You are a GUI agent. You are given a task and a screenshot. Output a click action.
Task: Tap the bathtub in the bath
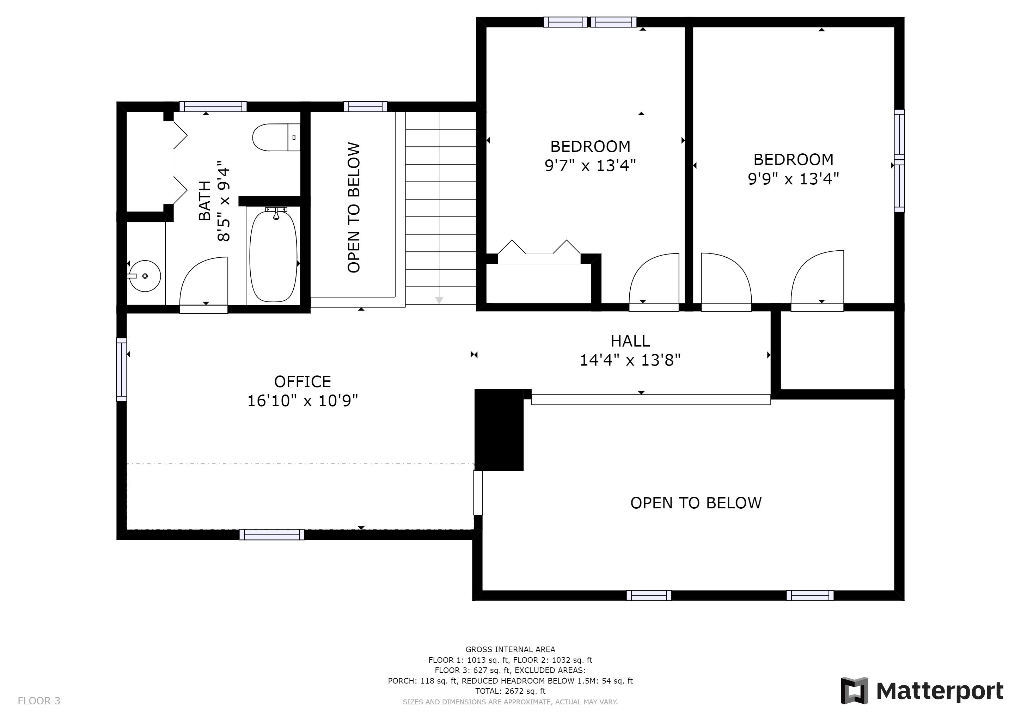[273, 257]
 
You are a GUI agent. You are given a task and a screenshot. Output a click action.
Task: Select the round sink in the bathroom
[144, 276]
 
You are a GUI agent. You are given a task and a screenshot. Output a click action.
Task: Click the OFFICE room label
[302, 381]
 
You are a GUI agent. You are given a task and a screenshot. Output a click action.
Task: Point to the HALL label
[630, 341]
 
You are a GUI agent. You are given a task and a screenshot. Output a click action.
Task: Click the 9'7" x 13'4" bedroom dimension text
[590, 166]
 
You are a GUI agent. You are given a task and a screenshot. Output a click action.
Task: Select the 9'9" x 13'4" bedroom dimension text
[793, 179]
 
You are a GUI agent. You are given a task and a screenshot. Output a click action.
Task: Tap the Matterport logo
[922, 691]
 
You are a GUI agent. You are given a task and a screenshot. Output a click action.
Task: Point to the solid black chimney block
[499, 429]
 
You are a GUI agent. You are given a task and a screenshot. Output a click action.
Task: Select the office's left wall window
[121, 369]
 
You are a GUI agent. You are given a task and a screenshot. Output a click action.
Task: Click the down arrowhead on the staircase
[439, 300]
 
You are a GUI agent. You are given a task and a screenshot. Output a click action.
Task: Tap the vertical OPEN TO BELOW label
[354, 207]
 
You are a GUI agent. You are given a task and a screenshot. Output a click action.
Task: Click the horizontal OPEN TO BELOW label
[696, 503]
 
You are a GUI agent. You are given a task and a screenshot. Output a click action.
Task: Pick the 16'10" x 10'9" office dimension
[302, 401]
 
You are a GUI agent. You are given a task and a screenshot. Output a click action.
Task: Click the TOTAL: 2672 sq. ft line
[510, 691]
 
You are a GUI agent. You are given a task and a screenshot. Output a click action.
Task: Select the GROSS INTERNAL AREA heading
[510, 649]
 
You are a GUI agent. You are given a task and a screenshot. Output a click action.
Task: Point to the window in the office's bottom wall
[272, 535]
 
